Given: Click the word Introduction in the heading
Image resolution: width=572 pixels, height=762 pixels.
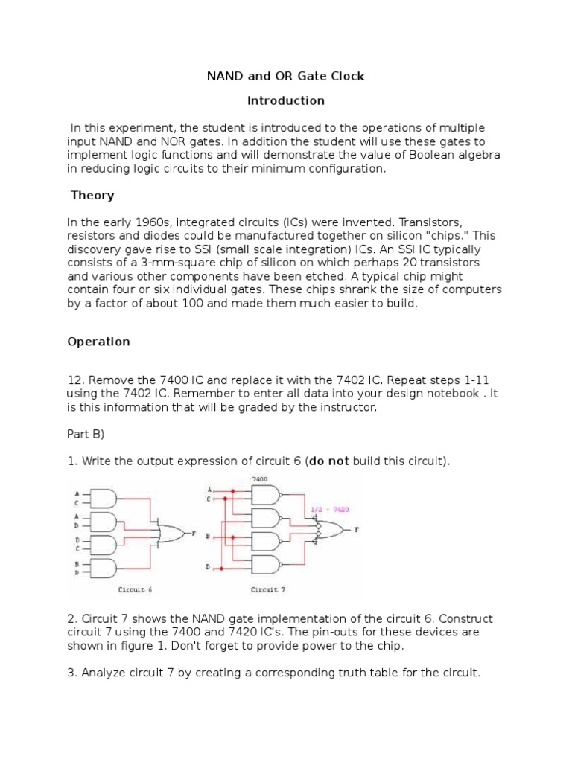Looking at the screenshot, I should tap(285, 100).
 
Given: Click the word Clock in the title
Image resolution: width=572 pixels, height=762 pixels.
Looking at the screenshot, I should tap(346, 76).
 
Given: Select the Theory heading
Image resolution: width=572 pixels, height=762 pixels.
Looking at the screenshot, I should tap(92, 196).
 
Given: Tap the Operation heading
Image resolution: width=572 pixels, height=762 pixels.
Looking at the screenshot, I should tap(98, 342).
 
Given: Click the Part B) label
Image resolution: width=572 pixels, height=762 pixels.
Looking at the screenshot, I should tap(88, 434).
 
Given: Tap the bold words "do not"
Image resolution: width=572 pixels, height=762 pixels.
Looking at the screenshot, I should tap(328, 461).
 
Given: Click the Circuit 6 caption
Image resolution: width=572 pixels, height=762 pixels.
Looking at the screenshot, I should tap(136, 589).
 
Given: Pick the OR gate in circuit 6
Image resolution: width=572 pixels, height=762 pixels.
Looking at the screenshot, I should tap(172, 533).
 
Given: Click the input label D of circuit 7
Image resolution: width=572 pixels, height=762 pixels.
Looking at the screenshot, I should tap(208, 568).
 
